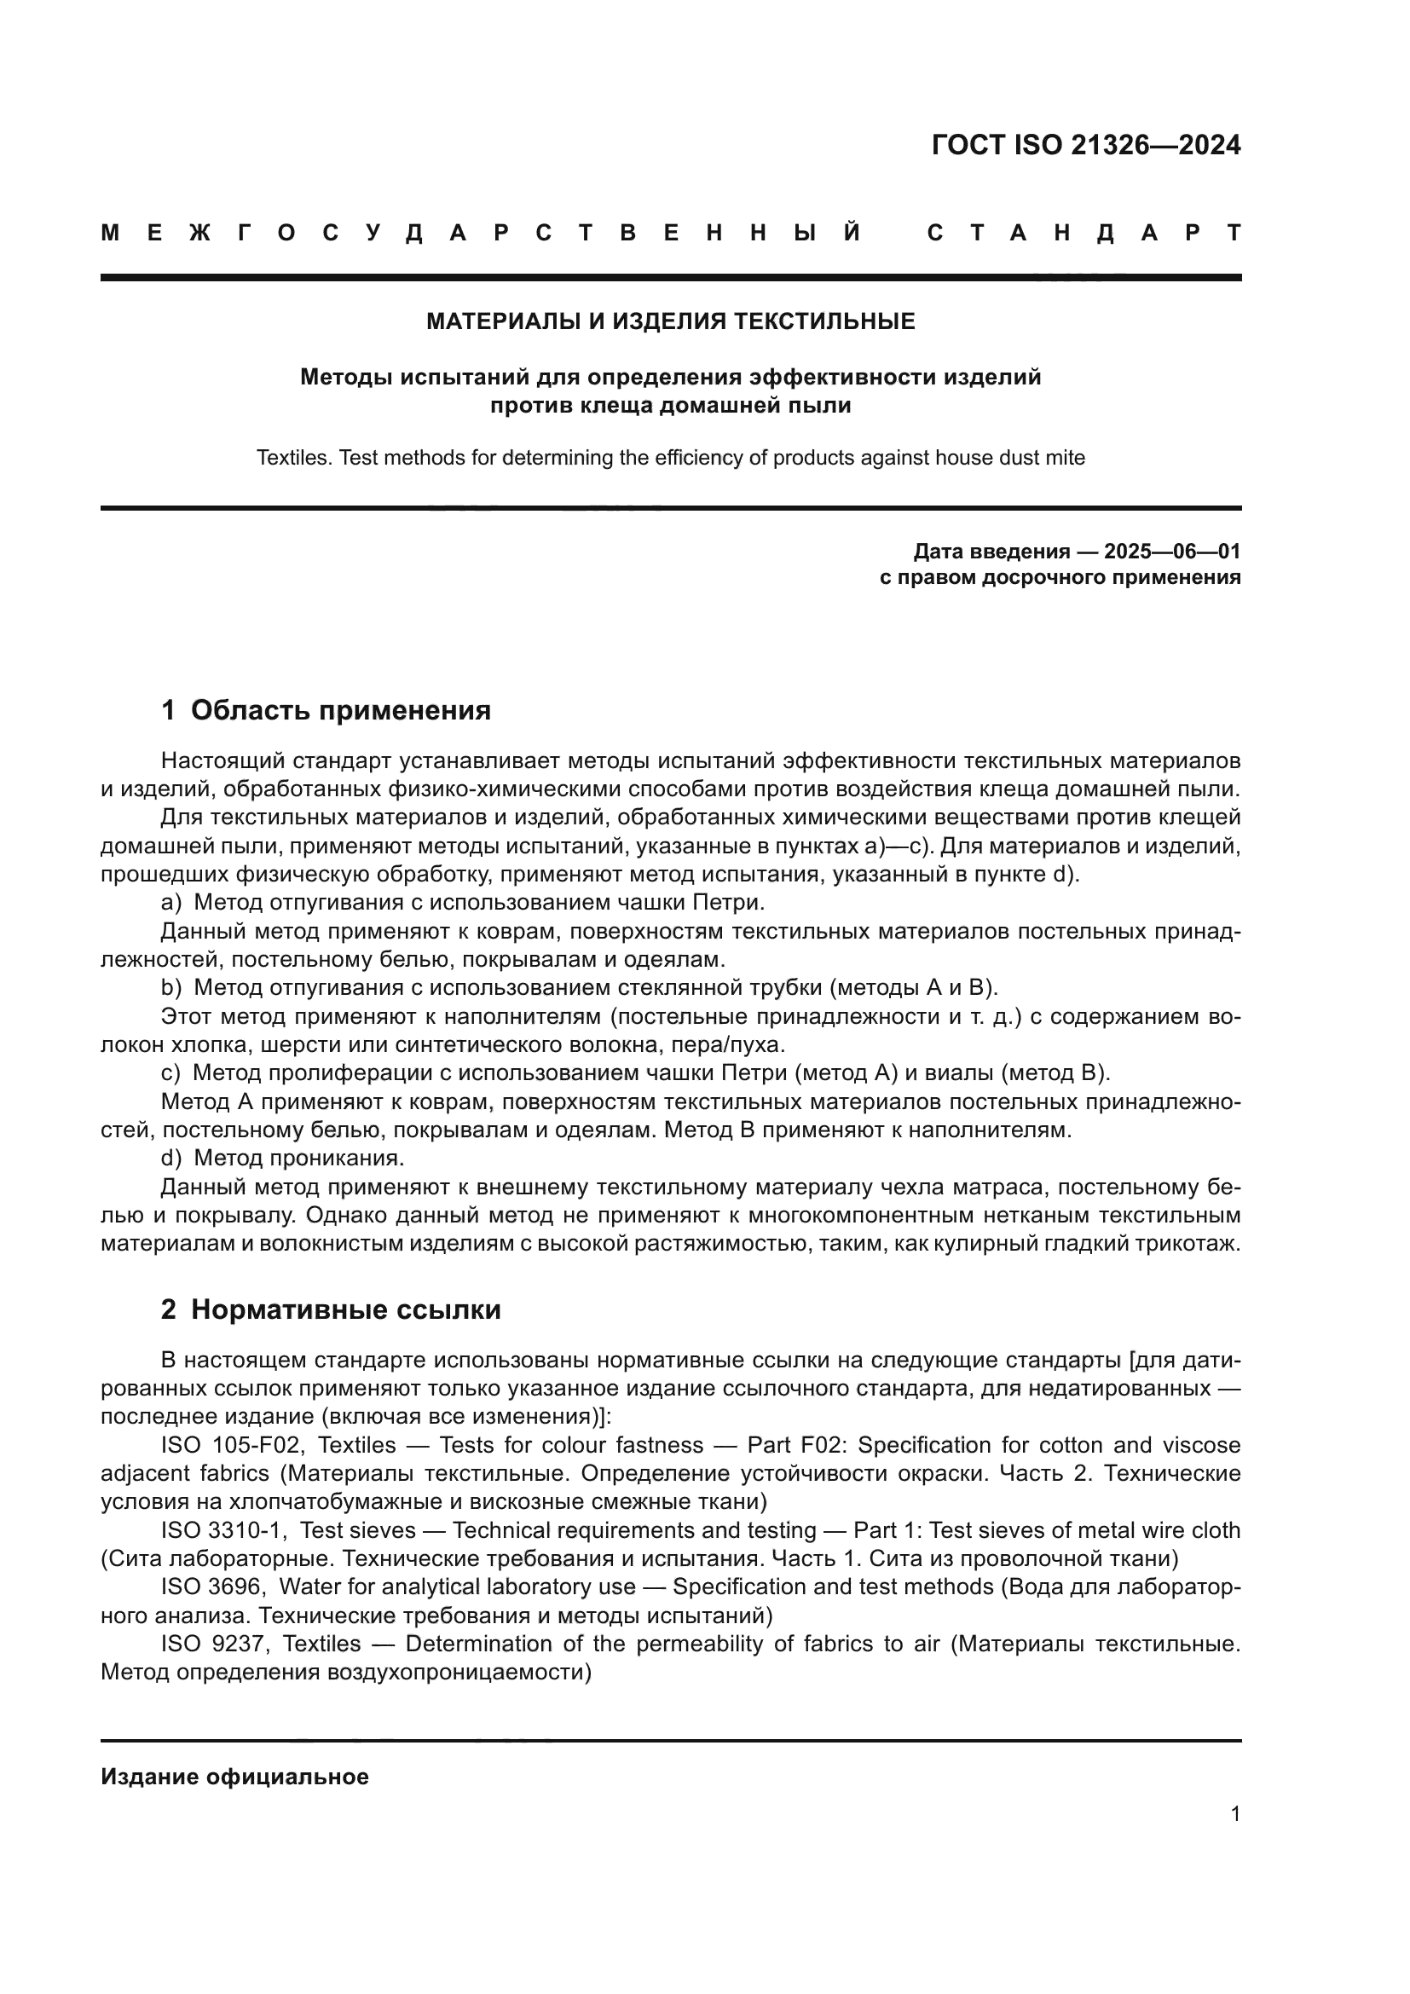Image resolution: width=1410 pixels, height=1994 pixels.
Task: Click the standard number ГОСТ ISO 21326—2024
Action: click(1085, 145)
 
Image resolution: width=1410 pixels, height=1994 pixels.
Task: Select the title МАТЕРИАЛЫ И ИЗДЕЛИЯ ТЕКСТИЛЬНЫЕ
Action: click(670, 322)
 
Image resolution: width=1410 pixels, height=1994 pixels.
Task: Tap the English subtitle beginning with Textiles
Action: click(670, 458)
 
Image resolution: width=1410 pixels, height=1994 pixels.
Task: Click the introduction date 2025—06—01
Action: click(1172, 552)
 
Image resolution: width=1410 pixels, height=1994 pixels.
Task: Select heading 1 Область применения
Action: click(326, 710)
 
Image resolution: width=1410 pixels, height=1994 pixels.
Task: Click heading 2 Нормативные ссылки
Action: click(331, 1309)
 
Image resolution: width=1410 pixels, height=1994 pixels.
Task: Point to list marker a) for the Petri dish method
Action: click(171, 902)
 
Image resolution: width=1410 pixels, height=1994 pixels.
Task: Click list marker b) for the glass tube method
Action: click(171, 987)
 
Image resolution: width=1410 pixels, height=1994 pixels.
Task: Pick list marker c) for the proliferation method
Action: click(171, 1072)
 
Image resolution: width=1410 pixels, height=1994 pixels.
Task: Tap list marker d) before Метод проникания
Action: click(171, 1158)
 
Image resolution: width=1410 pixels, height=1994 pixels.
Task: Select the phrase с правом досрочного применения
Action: click(1060, 577)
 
